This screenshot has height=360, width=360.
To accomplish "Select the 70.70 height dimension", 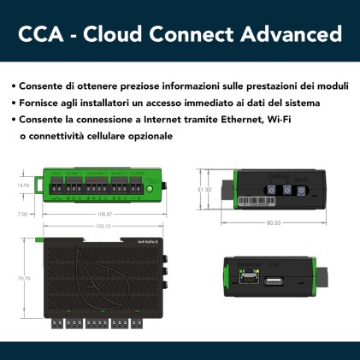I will pos(24,278).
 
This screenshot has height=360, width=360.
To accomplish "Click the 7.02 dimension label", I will pos(23,213).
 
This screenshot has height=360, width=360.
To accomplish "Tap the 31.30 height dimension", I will pos(204,189).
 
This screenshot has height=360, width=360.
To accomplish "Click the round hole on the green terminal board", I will pos(150,186).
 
